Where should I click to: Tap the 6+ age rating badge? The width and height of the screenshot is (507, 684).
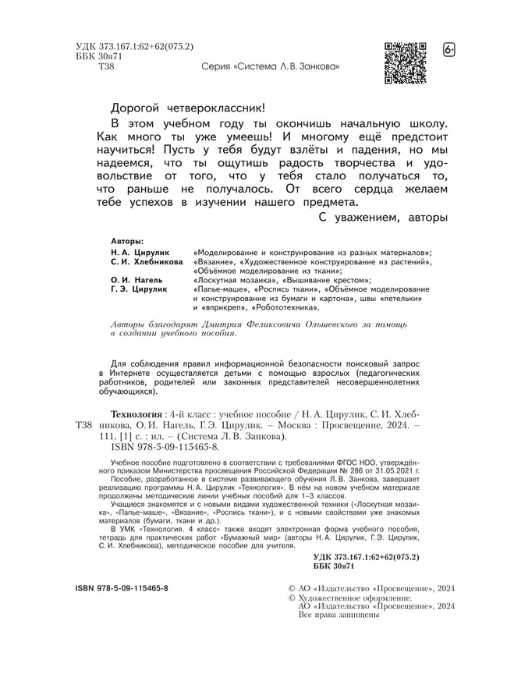[449, 51]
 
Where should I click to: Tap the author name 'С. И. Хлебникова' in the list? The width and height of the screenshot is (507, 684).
[147, 265]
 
